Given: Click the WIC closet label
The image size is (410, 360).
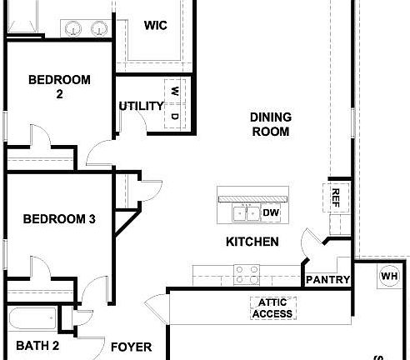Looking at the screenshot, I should (155, 25).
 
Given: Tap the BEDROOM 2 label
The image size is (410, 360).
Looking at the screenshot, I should (58, 87).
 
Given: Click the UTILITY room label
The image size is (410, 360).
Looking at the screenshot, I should (140, 106).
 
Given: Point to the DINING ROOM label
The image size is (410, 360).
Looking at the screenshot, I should (269, 124).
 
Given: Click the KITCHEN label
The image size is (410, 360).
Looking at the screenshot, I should (252, 242).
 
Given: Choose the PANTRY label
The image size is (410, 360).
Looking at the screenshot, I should (327, 280).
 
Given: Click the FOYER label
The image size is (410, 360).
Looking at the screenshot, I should (131, 346).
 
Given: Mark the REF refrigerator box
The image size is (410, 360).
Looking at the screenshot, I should (336, 197).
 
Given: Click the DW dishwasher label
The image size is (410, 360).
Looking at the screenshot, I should (271, 213).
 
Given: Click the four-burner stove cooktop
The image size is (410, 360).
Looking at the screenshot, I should (246, 272).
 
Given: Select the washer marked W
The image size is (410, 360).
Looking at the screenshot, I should (175, 91).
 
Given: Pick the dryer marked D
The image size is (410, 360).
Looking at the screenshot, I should (175, 116).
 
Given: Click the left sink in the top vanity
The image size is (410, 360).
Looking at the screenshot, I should (74, 27).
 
